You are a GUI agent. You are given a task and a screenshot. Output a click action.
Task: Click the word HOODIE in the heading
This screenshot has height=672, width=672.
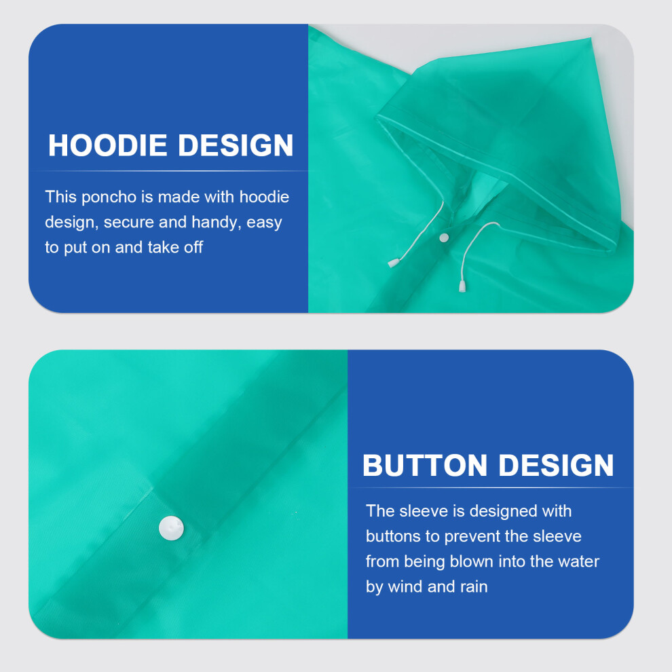coord(107,145)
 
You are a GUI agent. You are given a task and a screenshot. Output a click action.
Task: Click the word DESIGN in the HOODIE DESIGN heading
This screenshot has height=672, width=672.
coord(236,145)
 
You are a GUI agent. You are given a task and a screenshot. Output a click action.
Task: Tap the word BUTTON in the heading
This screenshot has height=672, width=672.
coord(425,465)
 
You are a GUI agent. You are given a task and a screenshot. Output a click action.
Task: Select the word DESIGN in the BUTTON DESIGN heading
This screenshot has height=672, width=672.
coord(557,465)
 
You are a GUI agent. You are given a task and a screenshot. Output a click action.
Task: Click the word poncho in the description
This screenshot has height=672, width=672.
coord(109,198)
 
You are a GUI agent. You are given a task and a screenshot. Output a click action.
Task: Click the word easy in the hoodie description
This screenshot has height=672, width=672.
coord(264,223)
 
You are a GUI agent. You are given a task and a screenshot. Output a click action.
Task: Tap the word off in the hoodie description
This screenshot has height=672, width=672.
coord(193,247)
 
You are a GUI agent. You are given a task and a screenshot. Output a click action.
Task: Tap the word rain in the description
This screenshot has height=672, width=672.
coord(474,586)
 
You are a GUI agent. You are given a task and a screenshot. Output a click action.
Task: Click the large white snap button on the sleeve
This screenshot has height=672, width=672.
coord(172,528)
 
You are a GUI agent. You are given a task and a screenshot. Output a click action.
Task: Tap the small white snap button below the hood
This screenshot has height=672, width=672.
coord(444,238)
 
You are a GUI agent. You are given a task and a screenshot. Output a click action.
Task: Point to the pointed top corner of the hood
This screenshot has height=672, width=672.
coord(591,39)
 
